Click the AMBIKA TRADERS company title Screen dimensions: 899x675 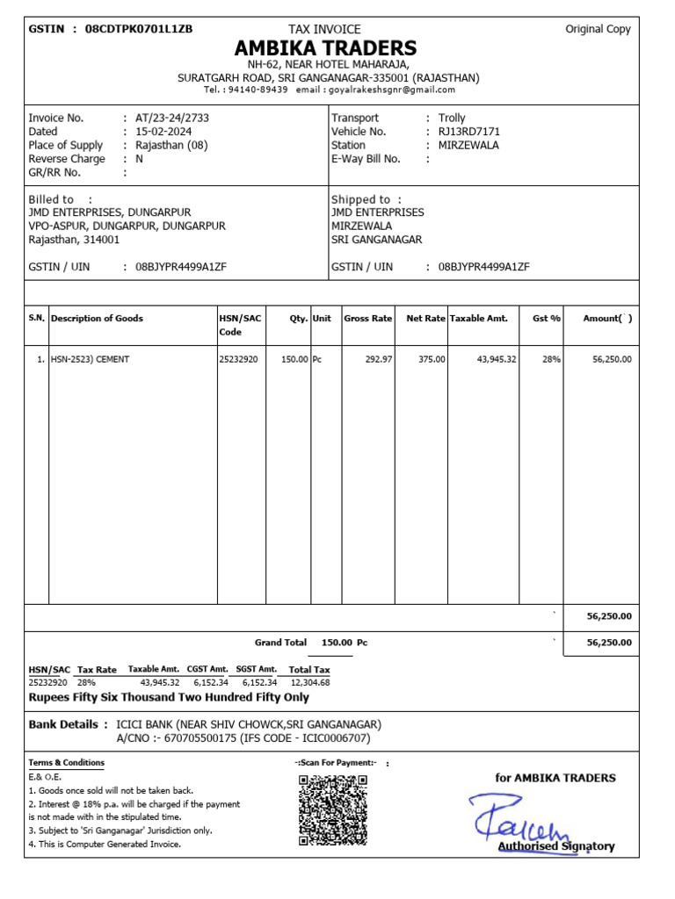tap(325, 47)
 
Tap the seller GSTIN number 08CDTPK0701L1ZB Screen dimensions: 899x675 tap(138, 29)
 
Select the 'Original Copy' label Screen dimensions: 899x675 tap(598, 29)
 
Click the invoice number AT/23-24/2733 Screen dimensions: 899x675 tap(172, 118)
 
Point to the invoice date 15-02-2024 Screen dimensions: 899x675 tap(163, 132)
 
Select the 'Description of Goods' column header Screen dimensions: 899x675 tap(97, 319)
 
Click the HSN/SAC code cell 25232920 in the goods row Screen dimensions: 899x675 tap(238, 359)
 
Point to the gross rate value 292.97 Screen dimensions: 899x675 tap(377, 359)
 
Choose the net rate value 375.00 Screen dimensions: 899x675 tap(432, 359)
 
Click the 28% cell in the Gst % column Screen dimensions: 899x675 tap(551, 359)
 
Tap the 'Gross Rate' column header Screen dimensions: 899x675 tap(367, 319)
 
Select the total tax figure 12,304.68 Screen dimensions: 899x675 tap(309, 682)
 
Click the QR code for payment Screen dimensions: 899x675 tap(332, 809)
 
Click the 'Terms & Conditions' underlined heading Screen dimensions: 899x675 tap(66, 763)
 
